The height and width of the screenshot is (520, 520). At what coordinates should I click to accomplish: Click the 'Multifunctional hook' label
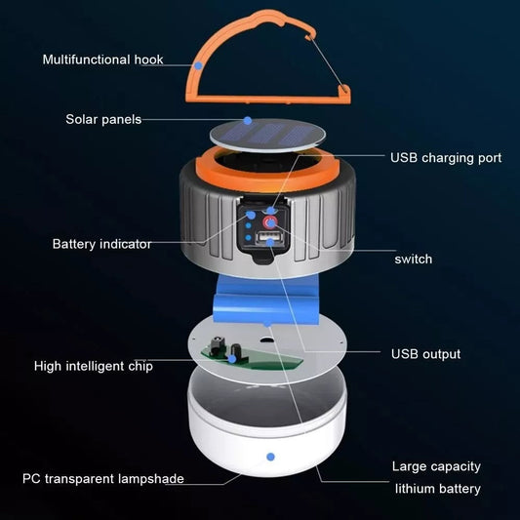(x=102, y=60)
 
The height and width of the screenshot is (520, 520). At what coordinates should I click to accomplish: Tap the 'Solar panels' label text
(x=103, y=119)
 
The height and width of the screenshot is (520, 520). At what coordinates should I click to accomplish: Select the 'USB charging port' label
(x=446, y=157)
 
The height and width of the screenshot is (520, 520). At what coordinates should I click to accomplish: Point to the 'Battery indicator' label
(x=101, y=244)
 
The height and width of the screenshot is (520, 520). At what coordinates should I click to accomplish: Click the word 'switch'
(x=414, y=259)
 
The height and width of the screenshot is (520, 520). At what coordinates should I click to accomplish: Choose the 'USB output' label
(x=425, y=353)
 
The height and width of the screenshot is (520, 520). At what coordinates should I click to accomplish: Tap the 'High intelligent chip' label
(x=94, y=366)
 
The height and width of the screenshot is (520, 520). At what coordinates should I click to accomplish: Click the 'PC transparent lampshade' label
(x=103, y=479)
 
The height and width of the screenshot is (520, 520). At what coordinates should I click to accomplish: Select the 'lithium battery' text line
(x=436, y=488)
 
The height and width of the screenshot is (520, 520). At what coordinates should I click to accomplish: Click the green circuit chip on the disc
(x=234, y=352)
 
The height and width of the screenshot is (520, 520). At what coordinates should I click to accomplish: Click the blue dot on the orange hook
(x=199, y=63)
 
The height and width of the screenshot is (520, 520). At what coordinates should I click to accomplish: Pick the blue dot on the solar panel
(x=247, y=120)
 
